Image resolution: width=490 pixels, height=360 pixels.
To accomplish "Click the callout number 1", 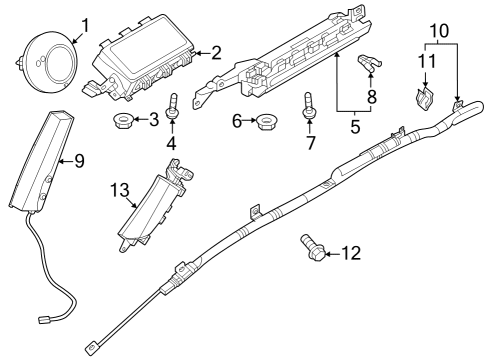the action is (x=85, y=26).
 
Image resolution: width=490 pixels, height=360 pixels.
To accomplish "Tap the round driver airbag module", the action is (x=48, y=62).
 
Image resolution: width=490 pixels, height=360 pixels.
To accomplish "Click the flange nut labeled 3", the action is (x=122, y=121).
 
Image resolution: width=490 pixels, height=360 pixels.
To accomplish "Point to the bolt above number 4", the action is (x=172, y=105).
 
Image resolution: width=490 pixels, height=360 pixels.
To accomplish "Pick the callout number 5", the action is (x=355, y=126).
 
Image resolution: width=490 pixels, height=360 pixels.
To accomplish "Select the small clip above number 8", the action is (x=370, y=63).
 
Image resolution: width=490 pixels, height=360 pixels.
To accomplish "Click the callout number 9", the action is (x=79, y=161).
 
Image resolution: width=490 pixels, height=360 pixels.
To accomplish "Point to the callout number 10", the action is (x=440, y=31).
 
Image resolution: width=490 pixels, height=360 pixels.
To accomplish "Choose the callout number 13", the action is (x=120, y=190).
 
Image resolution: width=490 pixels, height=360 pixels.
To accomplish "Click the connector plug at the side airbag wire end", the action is (x=43, y=320).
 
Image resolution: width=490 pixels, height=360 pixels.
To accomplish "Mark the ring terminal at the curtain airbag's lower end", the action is (x=91, y=349).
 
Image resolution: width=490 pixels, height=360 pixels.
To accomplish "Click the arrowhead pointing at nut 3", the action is (x=138, y=119).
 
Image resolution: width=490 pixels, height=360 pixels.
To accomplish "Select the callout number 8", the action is (x=372, y=97).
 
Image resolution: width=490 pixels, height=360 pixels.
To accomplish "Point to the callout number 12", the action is (x=351, y=253).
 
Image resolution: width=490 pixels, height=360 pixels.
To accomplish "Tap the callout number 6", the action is (x=237, y=121).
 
